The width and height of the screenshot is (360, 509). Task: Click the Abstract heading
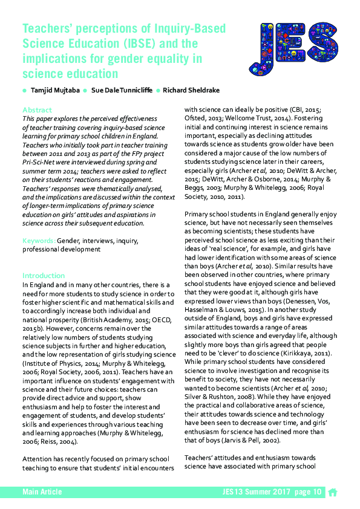(37, 110)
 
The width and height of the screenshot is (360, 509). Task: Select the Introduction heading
(44, 275)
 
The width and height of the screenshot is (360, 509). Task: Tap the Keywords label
(39, 241)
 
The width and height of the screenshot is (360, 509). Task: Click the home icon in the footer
(332, 492)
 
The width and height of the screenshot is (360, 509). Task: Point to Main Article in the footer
(42, 492)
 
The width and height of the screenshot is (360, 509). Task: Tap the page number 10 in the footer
(317, 492)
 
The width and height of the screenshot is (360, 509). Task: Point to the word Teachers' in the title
(46, 28)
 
